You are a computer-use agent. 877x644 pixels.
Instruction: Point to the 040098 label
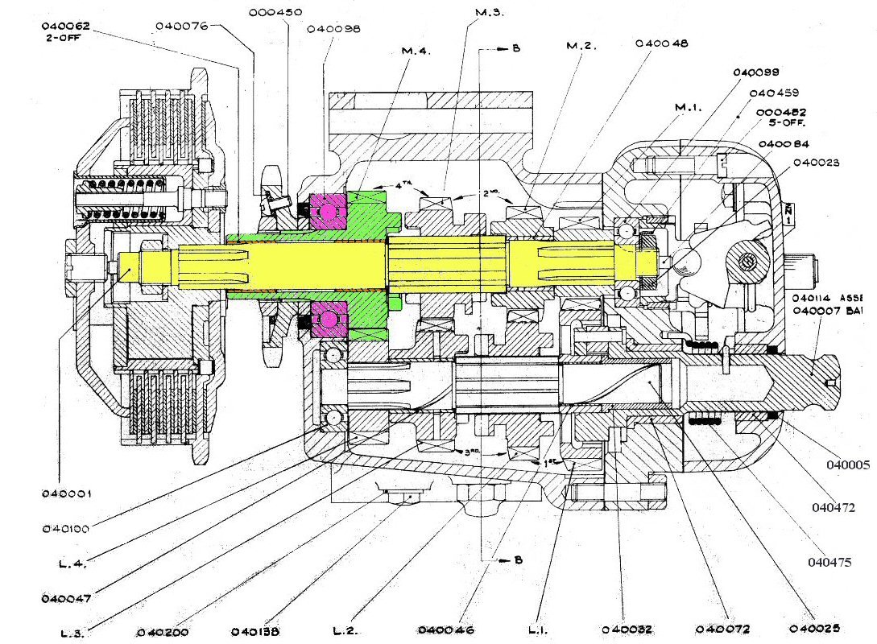tap(333, 28)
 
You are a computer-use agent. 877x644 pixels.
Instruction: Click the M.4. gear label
tap(416, 53)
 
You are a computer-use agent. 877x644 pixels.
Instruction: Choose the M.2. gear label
tap(581, 46)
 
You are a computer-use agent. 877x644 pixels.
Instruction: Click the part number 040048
tap(661, 43)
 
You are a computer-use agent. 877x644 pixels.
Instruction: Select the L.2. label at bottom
tap(350, 630)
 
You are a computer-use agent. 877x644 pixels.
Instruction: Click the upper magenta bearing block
tap(329, 209)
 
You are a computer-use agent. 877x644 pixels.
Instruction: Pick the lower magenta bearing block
tap(329, 317)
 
